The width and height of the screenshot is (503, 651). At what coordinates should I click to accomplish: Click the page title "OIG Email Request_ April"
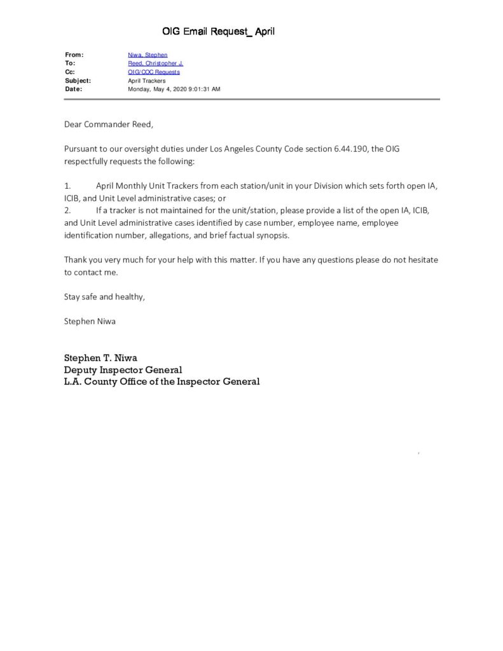click(x=218, y=31)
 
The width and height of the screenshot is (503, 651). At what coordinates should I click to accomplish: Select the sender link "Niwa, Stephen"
click(x=148, y=55)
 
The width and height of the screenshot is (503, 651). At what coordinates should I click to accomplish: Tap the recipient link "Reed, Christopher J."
click(x=155, y=64)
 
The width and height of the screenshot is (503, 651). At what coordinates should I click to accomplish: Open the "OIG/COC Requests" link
click(x=153, y=72)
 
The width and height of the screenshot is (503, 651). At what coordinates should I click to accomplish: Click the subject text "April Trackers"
click(x=146, y=81)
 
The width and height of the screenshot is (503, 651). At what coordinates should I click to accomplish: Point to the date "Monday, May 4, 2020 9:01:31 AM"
click(x=174, y=89)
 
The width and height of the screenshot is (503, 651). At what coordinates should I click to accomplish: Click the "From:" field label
click(x=74, y=55)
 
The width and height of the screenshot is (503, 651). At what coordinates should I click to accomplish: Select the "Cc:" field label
click(x=70, y=72)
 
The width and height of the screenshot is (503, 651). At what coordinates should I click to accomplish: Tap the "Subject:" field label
click(x=78, y=81)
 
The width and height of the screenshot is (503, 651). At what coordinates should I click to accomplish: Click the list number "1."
click(x=67, y=186)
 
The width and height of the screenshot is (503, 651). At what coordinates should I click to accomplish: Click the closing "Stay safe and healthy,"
click(x=104, y=296)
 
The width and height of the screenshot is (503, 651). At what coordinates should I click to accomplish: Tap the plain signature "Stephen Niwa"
click(x=90, y=321)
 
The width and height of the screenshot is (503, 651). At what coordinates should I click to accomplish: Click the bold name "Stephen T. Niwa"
click(x=100, y=357)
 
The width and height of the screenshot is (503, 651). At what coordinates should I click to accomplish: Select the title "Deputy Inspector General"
click(x=123, y=369)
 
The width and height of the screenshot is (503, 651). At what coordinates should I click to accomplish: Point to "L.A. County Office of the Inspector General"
click(x=162, y=381)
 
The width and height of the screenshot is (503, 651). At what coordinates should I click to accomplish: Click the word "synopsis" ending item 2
click(x=272, y=235)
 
